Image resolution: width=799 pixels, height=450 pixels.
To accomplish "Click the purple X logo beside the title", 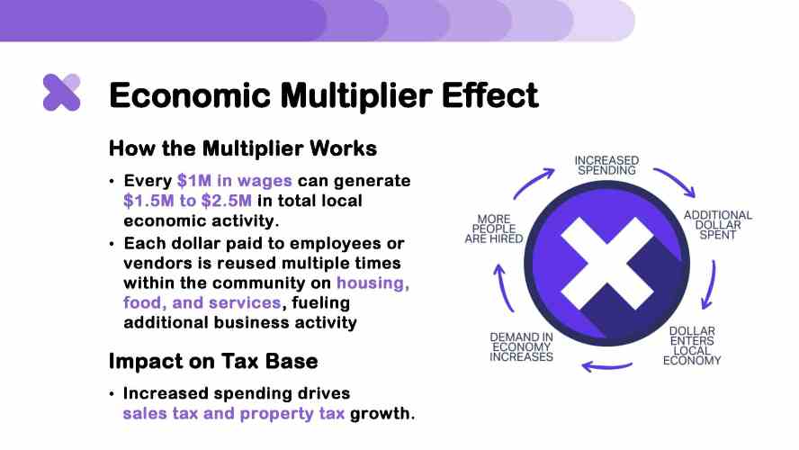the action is click(x=62, y=92).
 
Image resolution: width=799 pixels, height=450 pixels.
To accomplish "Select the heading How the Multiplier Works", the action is click(x=243, y=148).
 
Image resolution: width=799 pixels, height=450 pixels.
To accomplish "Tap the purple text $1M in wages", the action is click(x=235, y=180).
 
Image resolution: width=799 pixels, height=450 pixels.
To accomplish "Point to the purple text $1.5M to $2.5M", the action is click(x=187, y=201).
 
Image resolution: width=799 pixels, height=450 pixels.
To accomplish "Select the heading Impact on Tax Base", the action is click(x=213, y=361).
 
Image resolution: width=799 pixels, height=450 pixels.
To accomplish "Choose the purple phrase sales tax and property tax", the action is click(x=233, y=413).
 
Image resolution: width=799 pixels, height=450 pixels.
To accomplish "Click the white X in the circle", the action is click(x=606, y=264).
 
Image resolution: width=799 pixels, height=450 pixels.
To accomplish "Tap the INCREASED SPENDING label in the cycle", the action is click(x=606, y=166).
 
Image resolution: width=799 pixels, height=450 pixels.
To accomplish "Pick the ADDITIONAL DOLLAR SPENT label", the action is click(x=717, y=225).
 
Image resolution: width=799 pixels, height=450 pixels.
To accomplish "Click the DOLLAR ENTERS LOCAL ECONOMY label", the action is click(x=692, y=346).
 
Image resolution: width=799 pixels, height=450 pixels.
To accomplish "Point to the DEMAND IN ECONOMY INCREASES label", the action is click(x=521, y=347).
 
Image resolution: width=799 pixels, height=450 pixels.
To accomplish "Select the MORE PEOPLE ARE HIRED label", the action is click(x=494, y=229).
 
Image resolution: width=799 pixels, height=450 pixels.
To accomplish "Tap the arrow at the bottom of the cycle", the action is click(x=606, y=366).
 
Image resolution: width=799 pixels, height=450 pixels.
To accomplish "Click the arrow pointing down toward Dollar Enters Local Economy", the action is click(x=710, y=285).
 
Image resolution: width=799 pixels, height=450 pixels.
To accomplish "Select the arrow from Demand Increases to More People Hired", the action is click(x=503, y=288).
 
